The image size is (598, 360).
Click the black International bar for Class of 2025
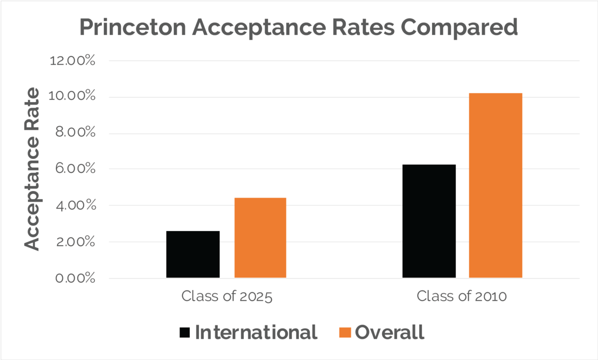click(x=192, y=254)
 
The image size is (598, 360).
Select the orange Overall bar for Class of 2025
click(x=260, y=238)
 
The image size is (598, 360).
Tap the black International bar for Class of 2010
click(x=429, y=221)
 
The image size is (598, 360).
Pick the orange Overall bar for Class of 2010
click(x=495, y=185)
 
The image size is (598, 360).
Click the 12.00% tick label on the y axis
click(x=75, y=61)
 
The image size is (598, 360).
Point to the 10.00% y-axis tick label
click(x=75, y=97)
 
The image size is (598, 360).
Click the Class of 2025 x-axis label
click(x=227, y=296)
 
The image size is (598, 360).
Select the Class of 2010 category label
click(x=462, y=296)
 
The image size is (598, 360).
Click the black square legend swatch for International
click(x=185, y=332)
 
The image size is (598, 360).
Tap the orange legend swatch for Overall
click(x=345, y=332)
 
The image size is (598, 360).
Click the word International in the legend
click(x=256, y=332)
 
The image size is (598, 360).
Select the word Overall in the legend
click(x=390, y=332)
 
